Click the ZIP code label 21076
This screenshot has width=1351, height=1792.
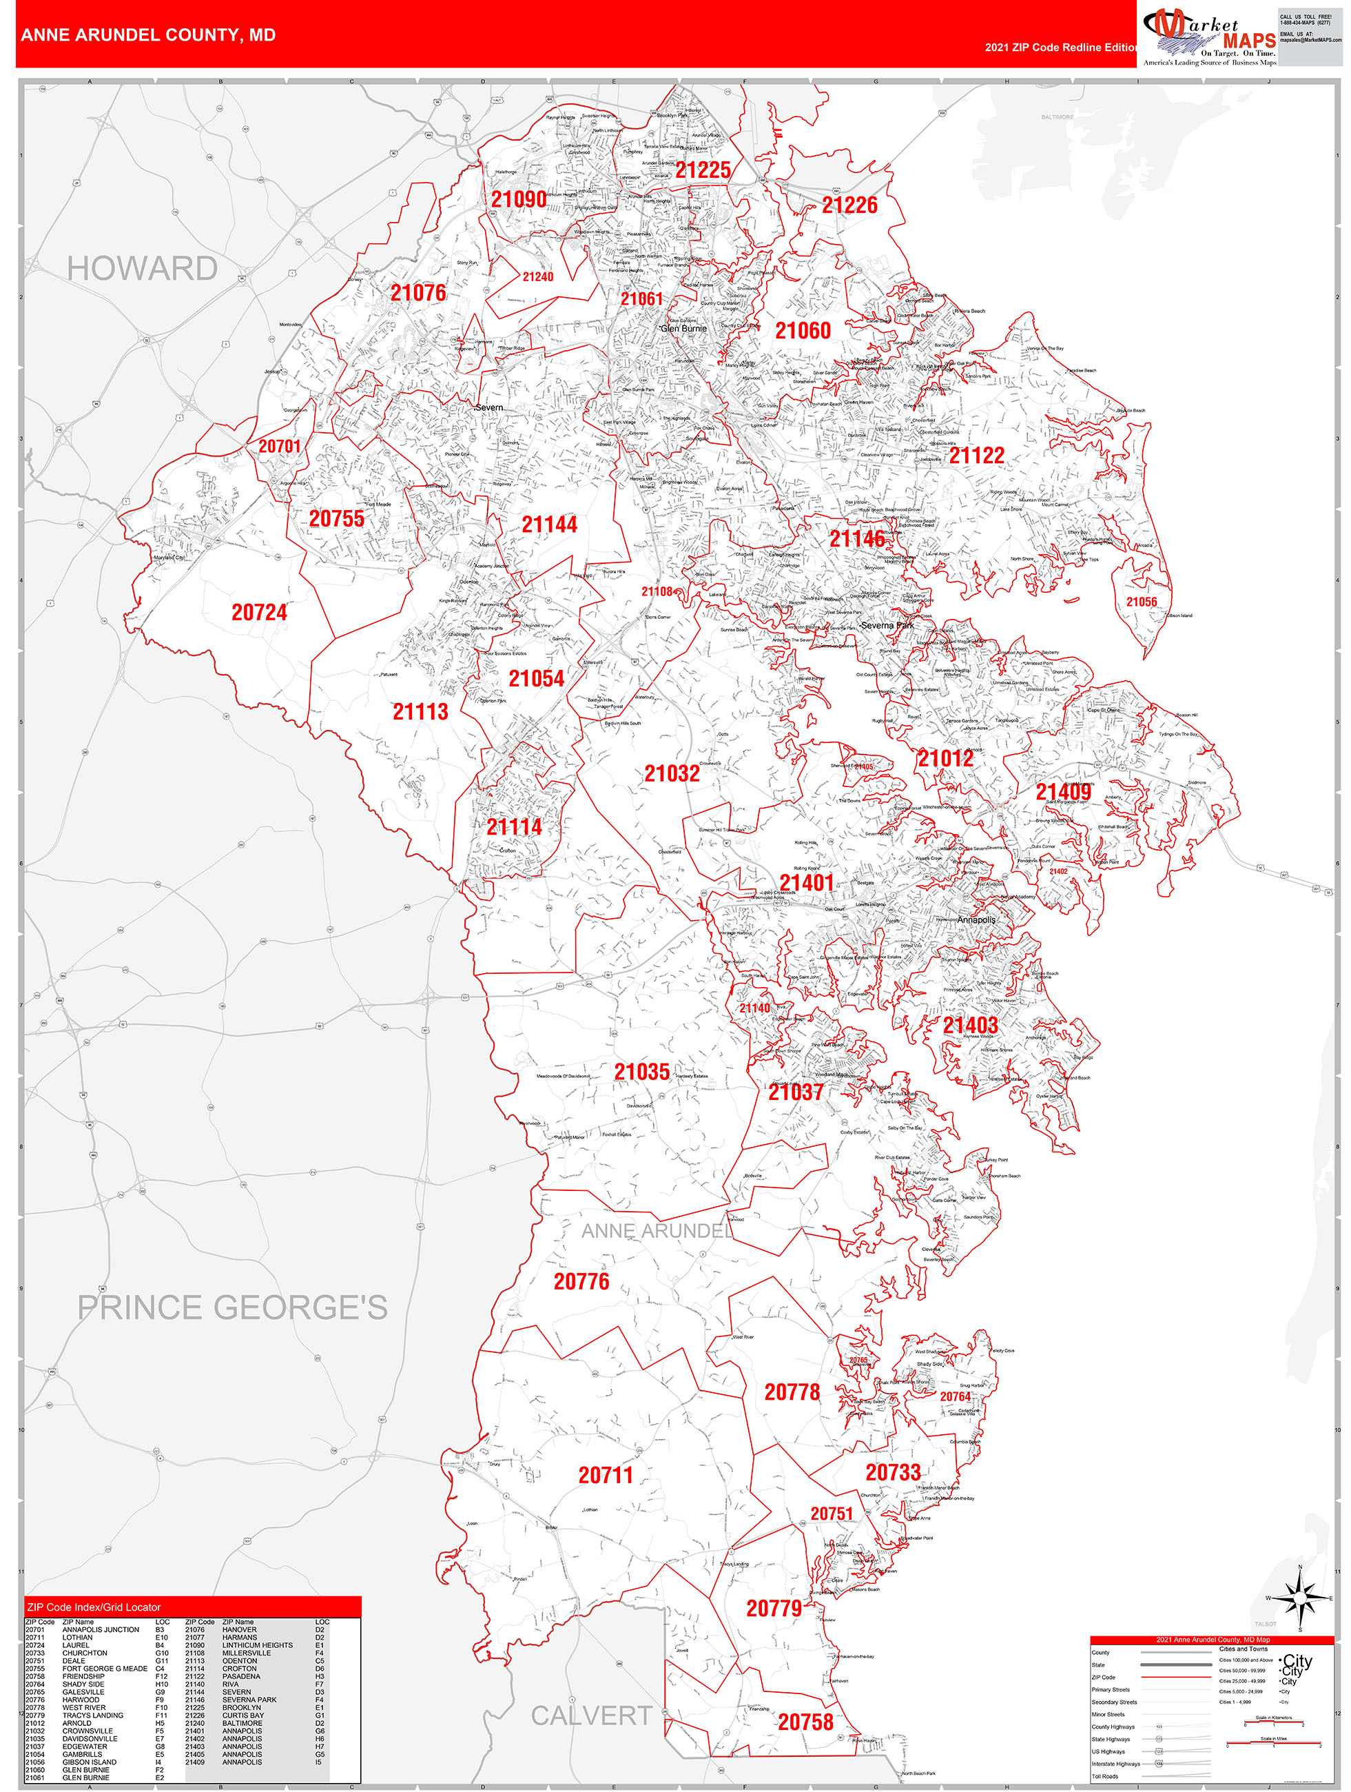tap(418, 293)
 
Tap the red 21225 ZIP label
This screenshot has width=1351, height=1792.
tap(703, 170)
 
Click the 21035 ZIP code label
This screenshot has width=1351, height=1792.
tap(641, 1072)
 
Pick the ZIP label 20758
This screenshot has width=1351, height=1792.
tap(805, 1722)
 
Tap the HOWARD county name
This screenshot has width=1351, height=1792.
tap(142, 269)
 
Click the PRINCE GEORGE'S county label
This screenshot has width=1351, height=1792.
tap(232, 1308)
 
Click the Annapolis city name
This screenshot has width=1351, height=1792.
tap(976, 919)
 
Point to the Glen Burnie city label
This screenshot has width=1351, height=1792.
tap(684, 329)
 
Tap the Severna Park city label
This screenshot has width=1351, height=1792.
tap(887, 625)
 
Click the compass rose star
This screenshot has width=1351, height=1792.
tap(1300, 1598)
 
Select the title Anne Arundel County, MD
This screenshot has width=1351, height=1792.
tap(148, 36)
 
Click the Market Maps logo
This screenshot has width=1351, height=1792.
tap(1208, 37)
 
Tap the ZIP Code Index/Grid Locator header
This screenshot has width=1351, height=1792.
tap(94, 1607)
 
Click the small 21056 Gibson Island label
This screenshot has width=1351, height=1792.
tap(1142, 602)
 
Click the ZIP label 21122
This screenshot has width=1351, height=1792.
tap(976, 456)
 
